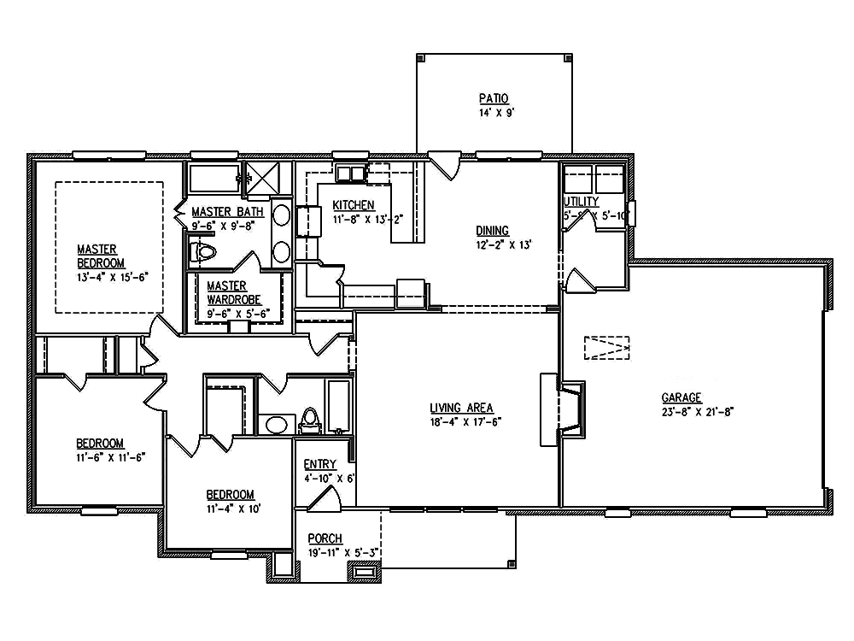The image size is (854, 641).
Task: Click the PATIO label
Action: tap(493, 99)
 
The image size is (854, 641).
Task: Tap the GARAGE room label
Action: tap(681, 397)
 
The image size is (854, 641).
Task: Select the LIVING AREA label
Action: tap(462, 408)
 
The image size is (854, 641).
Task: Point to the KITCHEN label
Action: tap(354, 205)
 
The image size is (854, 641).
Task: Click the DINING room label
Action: tap(493, 230)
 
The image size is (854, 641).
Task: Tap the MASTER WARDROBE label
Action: tap(227, 293)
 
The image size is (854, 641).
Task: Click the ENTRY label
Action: tap(320, 464)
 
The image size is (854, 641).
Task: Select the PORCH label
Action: tap(325, 538)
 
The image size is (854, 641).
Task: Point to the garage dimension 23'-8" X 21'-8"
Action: tap(699, 411)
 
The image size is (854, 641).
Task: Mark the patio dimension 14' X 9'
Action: tap(494, 113)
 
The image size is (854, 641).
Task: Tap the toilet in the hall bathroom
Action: tap(310, 420)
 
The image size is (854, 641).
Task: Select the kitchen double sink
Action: tap(349, 174)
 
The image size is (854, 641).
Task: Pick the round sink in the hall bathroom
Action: tap(275, 424)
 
